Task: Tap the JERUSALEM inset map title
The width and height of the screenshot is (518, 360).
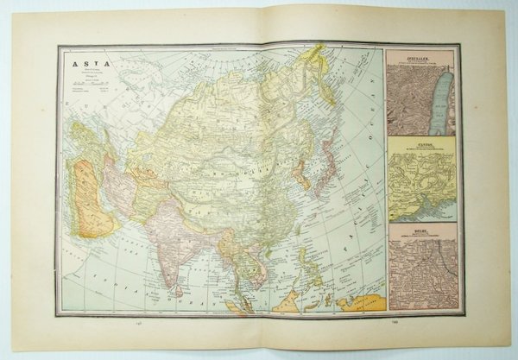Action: point(422,58)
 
